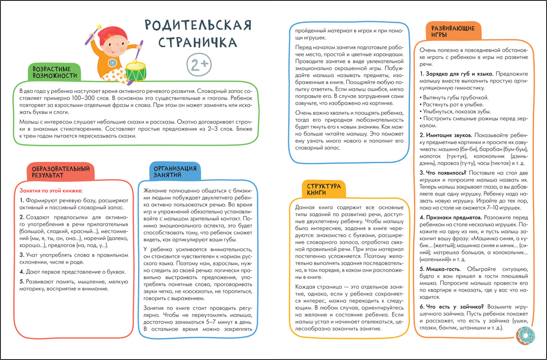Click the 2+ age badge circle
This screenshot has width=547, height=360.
[x=199, y=64]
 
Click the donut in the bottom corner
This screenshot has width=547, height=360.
[x=526, y=335]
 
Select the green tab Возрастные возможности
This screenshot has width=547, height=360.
[x=55, y=72]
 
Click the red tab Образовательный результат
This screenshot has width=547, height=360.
[x=61, y=172]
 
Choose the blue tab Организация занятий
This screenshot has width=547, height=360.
[x=175, y=171]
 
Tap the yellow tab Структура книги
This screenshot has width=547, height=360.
[x=324, y=189]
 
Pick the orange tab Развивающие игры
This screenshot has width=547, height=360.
[x=453, y=31]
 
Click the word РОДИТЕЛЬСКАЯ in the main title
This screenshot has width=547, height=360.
[x=198, y=25]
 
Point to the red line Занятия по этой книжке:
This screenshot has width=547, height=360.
[x=51, y=190]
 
